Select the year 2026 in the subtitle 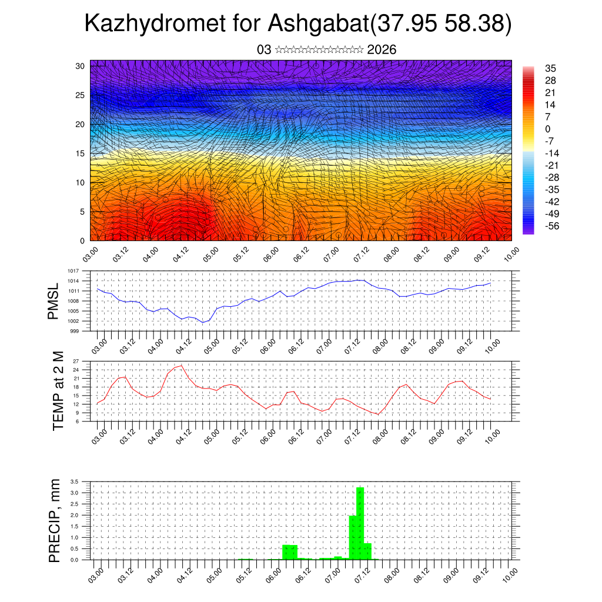(x=382, y=50)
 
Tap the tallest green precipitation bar (x=360, y=523)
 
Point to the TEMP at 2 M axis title (x=58, y=391)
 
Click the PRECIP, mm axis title (x=54, y=520)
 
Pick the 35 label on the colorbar (x=550, y=68)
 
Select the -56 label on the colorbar (x=551, y=226)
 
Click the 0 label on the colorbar (x=547, y=129)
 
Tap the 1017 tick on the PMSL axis (x=72, y=271)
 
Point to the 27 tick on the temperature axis (x=76, y=361)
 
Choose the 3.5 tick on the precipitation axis (x=74, y=481)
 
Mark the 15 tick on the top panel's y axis (x=81, y=153)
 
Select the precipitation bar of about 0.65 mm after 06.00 (x=290, y=552)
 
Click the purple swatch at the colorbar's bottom (x=528, y=230)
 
